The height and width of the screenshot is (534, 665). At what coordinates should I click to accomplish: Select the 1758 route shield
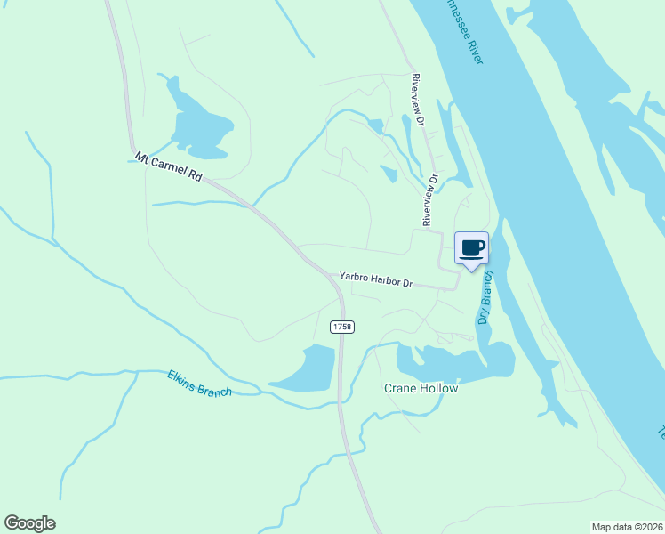pyautogui.click(x=342, y=328)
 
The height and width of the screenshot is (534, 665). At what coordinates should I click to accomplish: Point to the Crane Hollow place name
pyautogui.click(x=421, y=389)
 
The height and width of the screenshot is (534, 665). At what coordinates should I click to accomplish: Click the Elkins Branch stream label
pyautogui.click(x=199, y=384)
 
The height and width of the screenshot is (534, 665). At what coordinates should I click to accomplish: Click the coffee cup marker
pyautogui.click(x=472, y=247)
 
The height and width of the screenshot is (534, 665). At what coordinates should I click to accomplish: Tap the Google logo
pyautogui.click(x=29, y=523)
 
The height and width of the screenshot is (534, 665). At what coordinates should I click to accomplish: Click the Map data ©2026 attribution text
pyautogui.click(x=627, y=527)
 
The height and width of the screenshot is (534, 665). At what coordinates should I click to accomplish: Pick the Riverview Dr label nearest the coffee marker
pyautogui.click(x=430, y=198)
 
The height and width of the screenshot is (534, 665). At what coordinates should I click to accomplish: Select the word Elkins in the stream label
pyautogui.click(x=182, y=378)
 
